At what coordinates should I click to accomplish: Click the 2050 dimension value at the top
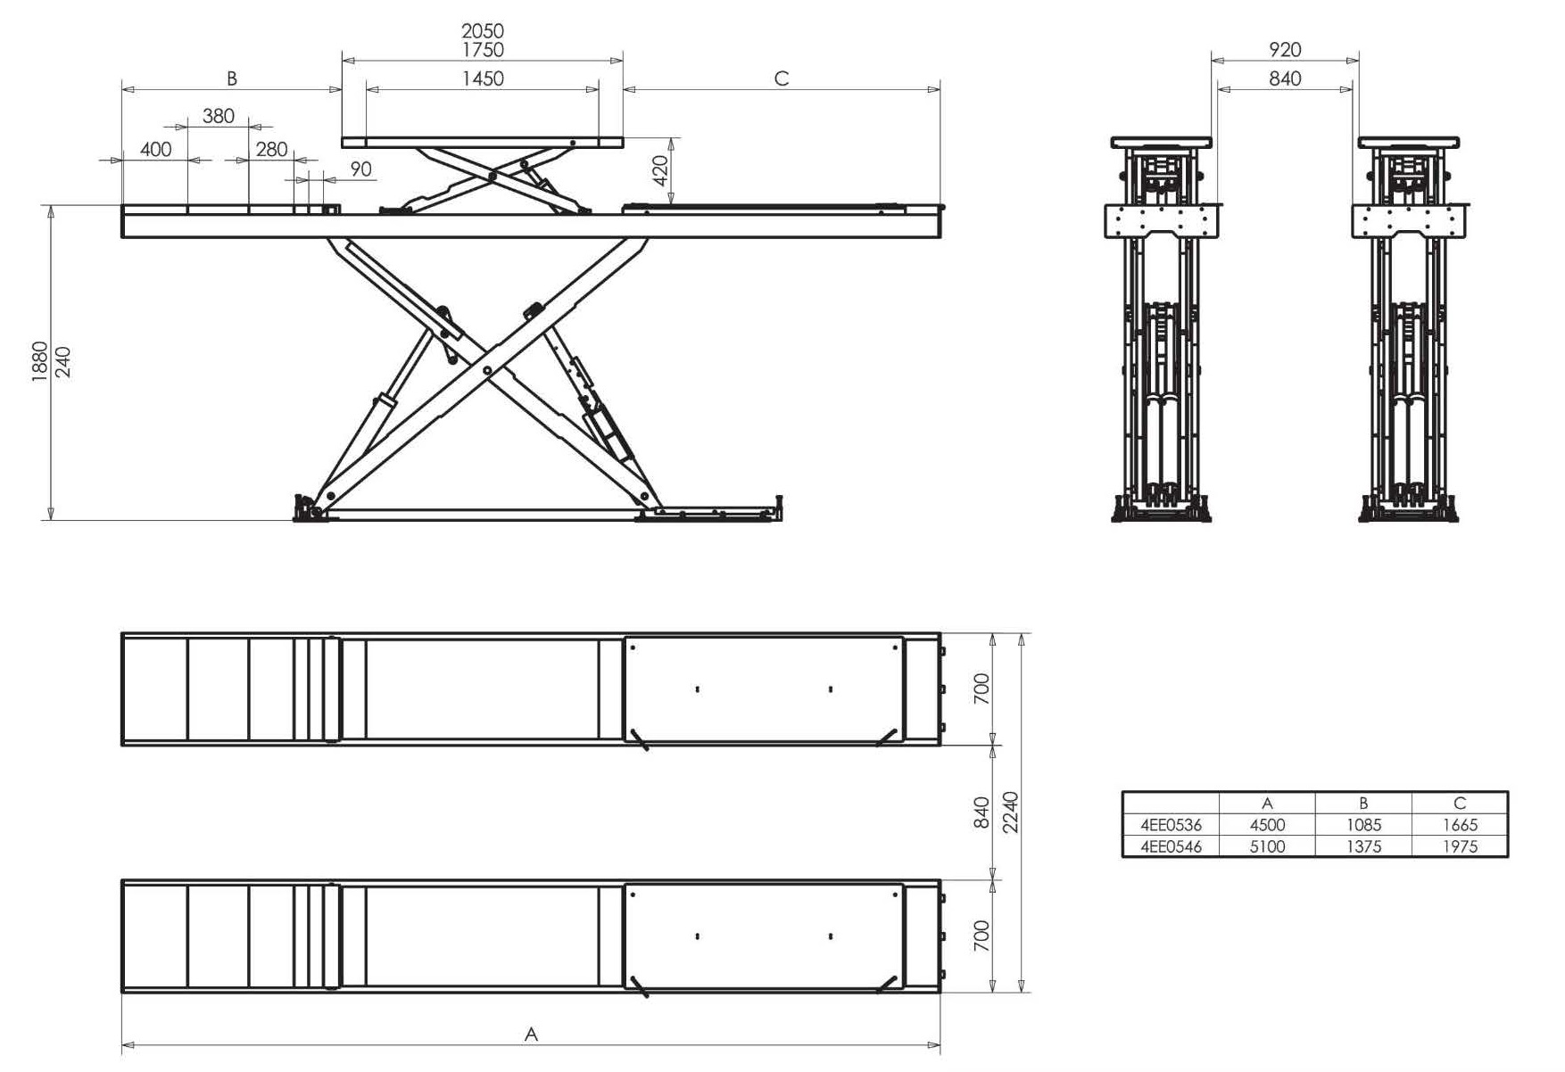pyautogui.click(x=483, y=32)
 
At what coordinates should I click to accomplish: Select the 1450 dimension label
pyautogui.click(x=483, y=79)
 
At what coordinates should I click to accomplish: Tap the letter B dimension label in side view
pyautogui.click(x=232, y=79)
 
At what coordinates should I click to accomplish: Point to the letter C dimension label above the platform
pyautogui.click(x=782, y=79)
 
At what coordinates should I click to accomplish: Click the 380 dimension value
pyautogui.click(x=219, y=116)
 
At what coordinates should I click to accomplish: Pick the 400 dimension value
pyautogui.click(x=156, y=150)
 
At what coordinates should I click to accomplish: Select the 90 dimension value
pyautogui.click(x=360, y=169)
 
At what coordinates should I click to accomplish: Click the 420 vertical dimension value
pyautogui.click(x=660, y=170)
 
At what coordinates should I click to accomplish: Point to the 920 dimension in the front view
pyautogui.click(x=1285, y=50)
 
